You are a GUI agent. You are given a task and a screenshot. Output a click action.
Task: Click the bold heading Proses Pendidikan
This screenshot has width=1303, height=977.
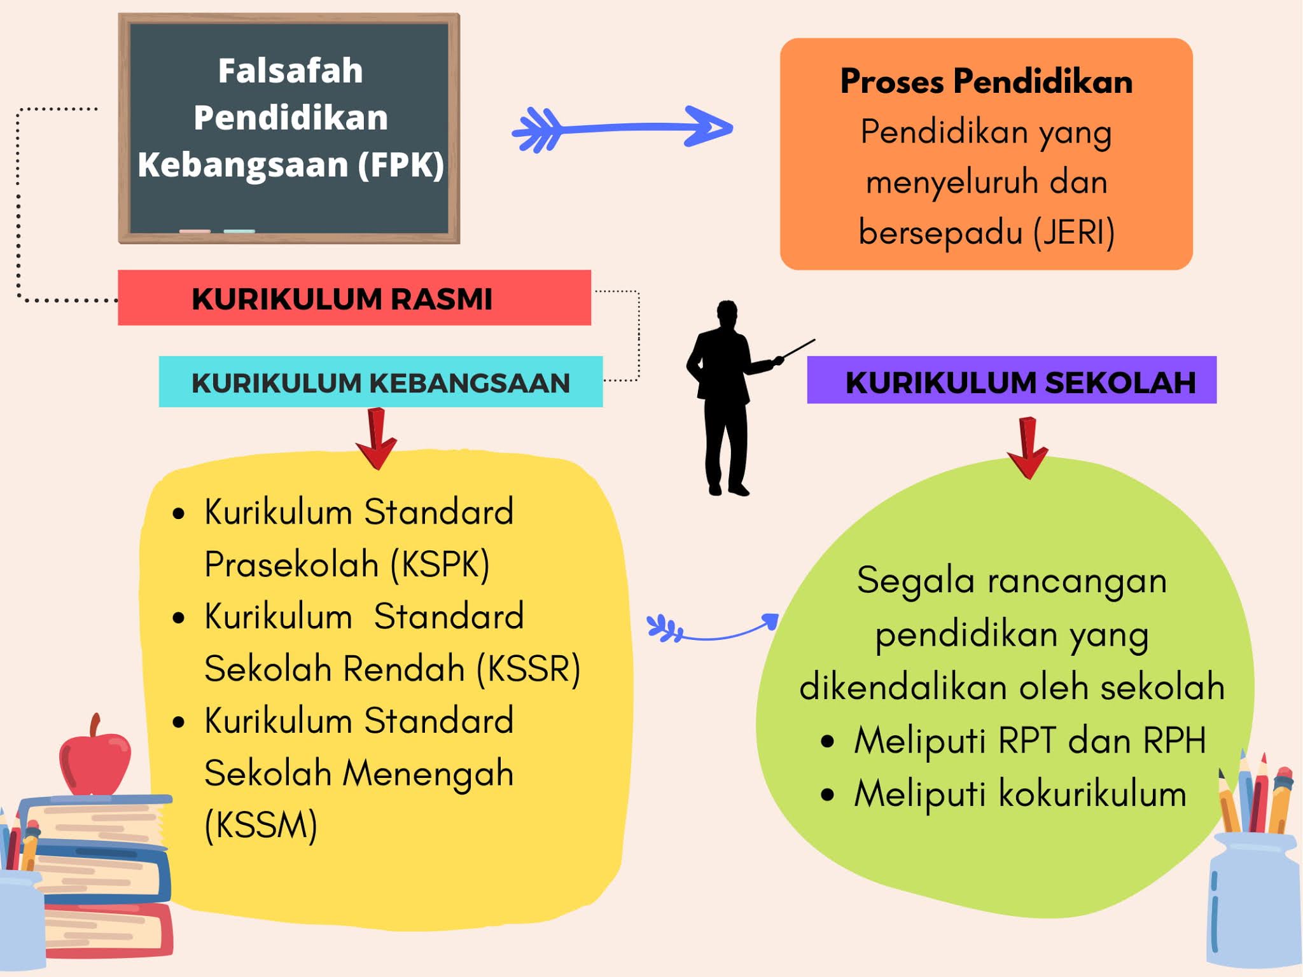click(x=986, y=81)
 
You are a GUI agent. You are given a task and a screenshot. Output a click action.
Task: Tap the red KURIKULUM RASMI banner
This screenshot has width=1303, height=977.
click(x=354, y=298)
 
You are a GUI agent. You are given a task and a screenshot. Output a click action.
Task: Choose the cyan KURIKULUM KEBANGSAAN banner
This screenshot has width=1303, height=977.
click(x=380, y=382)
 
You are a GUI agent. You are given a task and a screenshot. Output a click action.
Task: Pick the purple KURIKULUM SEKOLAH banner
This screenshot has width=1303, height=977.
click(x=1012, y=380)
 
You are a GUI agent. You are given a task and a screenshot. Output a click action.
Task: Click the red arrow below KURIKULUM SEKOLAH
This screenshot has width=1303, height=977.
click(x=1028, y=448)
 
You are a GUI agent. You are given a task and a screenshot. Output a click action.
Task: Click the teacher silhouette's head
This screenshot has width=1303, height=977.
click(x=727, y=312)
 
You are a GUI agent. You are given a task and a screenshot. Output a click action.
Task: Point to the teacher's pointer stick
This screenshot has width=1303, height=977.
click(x=798, y=349)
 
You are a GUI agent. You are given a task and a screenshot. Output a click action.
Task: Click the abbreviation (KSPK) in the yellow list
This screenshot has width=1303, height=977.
click(x=440, y=564)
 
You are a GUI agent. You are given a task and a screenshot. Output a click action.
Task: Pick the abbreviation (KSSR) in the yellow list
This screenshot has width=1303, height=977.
click(x=529, y=669)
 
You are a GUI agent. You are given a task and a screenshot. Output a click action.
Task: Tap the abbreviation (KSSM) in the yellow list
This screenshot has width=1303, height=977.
click(x=261, y=825)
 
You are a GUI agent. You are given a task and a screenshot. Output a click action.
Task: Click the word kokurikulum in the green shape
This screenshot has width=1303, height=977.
click(x=1092, y=794)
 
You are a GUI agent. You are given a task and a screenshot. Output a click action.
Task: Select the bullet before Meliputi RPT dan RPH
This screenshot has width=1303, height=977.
click(x=827, y=741)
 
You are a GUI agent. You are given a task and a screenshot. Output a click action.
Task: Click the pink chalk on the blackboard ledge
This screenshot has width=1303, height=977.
click(x=195, y=231)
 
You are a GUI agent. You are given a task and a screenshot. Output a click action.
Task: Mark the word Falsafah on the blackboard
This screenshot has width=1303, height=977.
click(x=290, y=71)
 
